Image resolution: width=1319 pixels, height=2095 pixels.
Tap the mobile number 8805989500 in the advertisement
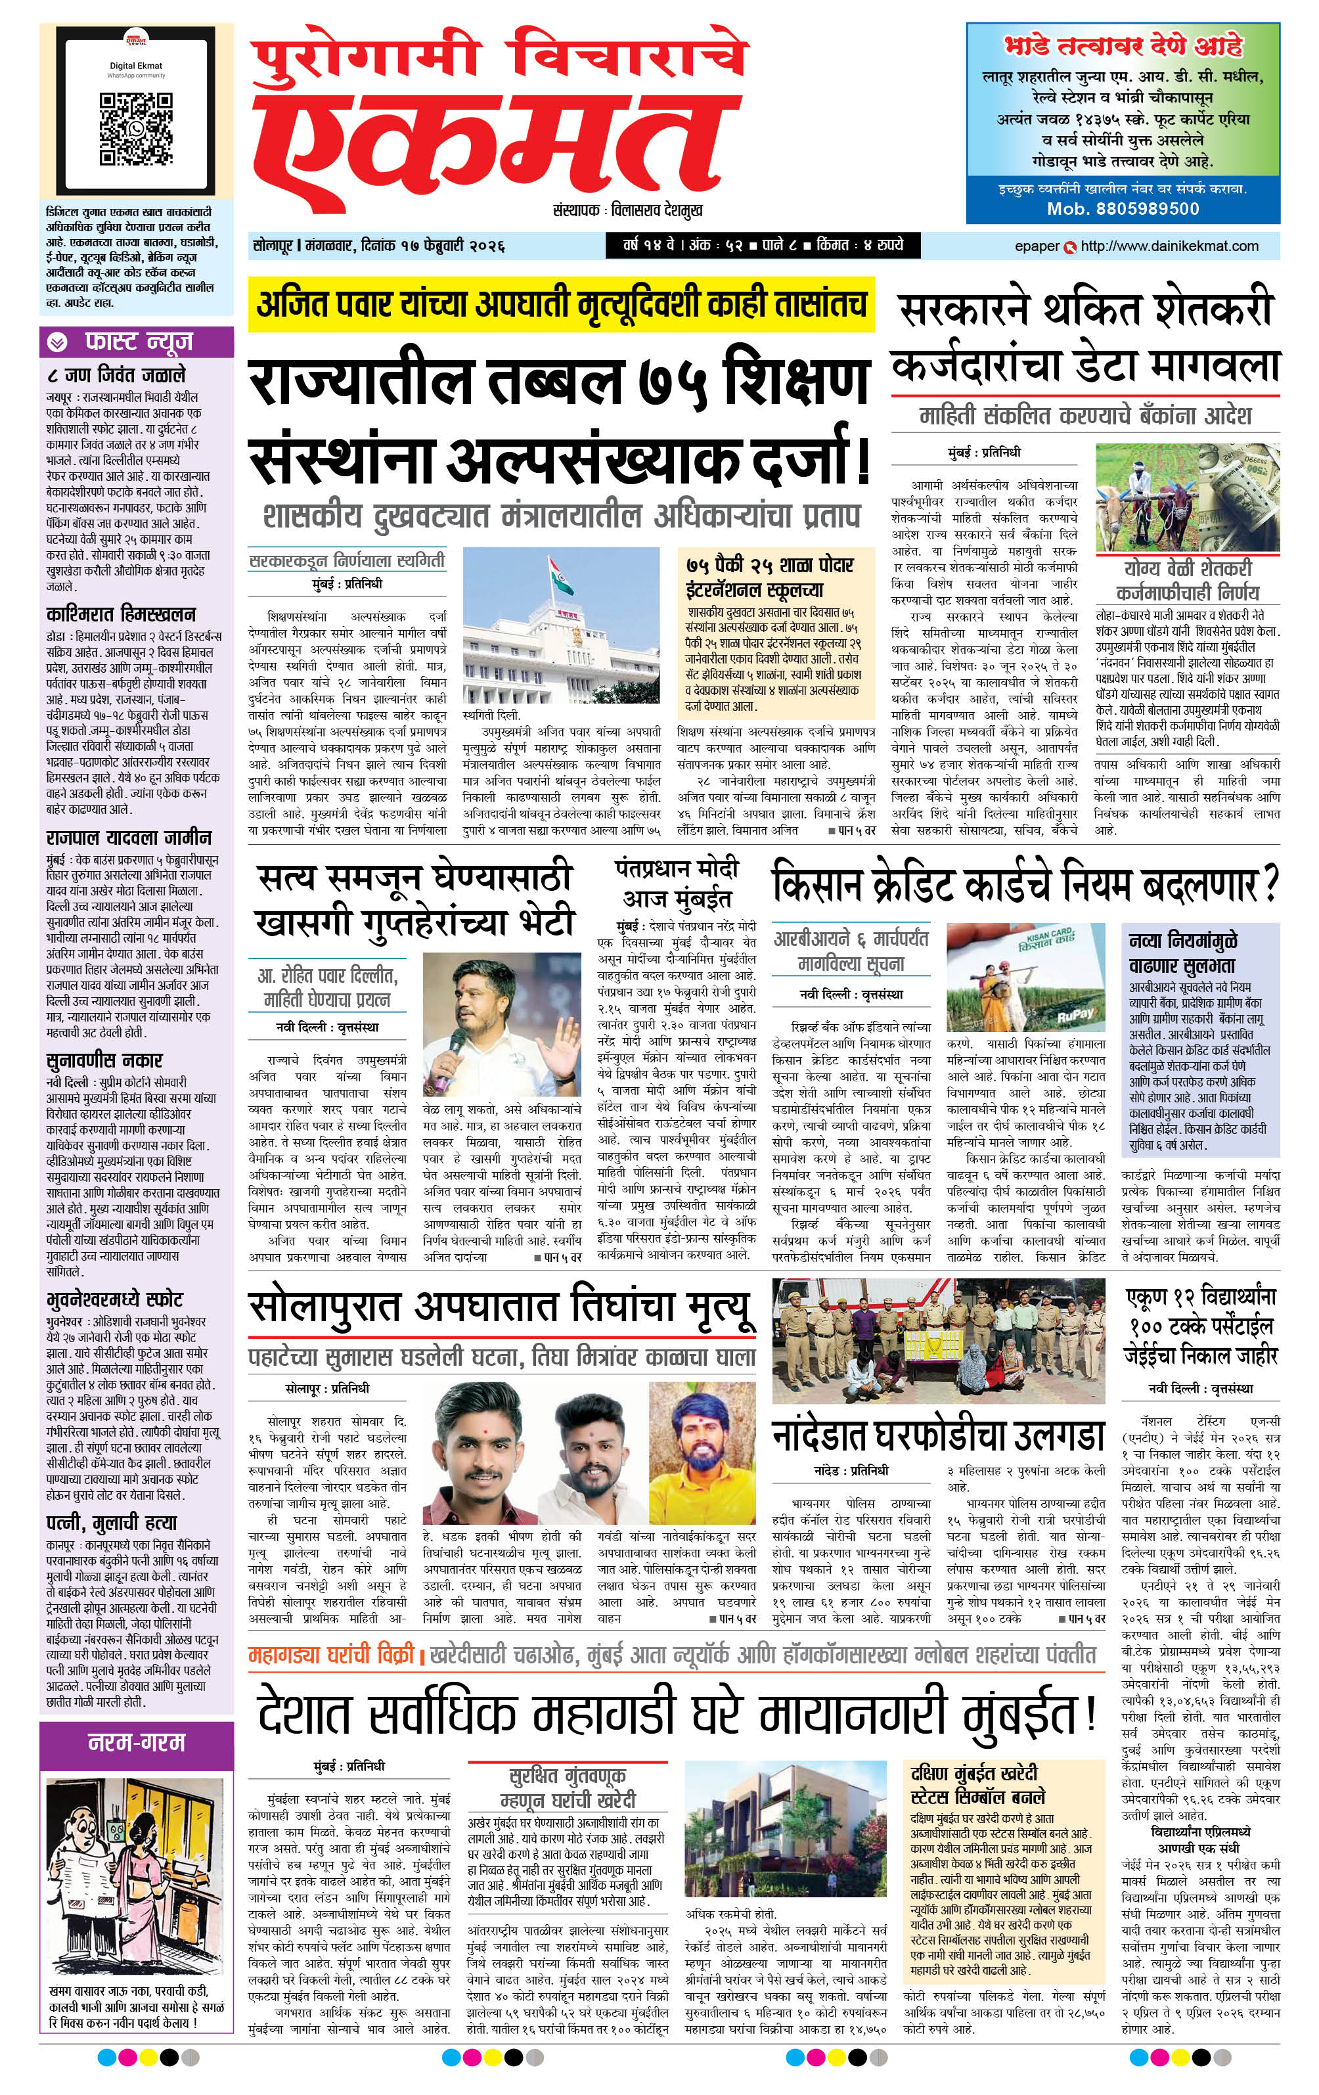1123,209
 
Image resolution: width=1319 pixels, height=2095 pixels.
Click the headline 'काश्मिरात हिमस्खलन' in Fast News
121,614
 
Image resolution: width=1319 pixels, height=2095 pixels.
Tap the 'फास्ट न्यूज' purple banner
137,342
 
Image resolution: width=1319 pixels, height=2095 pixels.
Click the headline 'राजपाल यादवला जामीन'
129,838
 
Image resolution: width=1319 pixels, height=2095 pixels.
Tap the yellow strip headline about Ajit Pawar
561,305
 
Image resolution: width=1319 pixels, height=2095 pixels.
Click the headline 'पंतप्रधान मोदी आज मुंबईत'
676,883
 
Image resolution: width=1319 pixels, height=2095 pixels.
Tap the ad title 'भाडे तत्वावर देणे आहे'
1123,45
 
